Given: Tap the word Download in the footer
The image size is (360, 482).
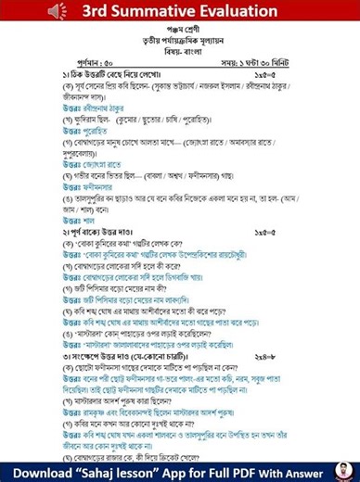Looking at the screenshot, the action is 41,468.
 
